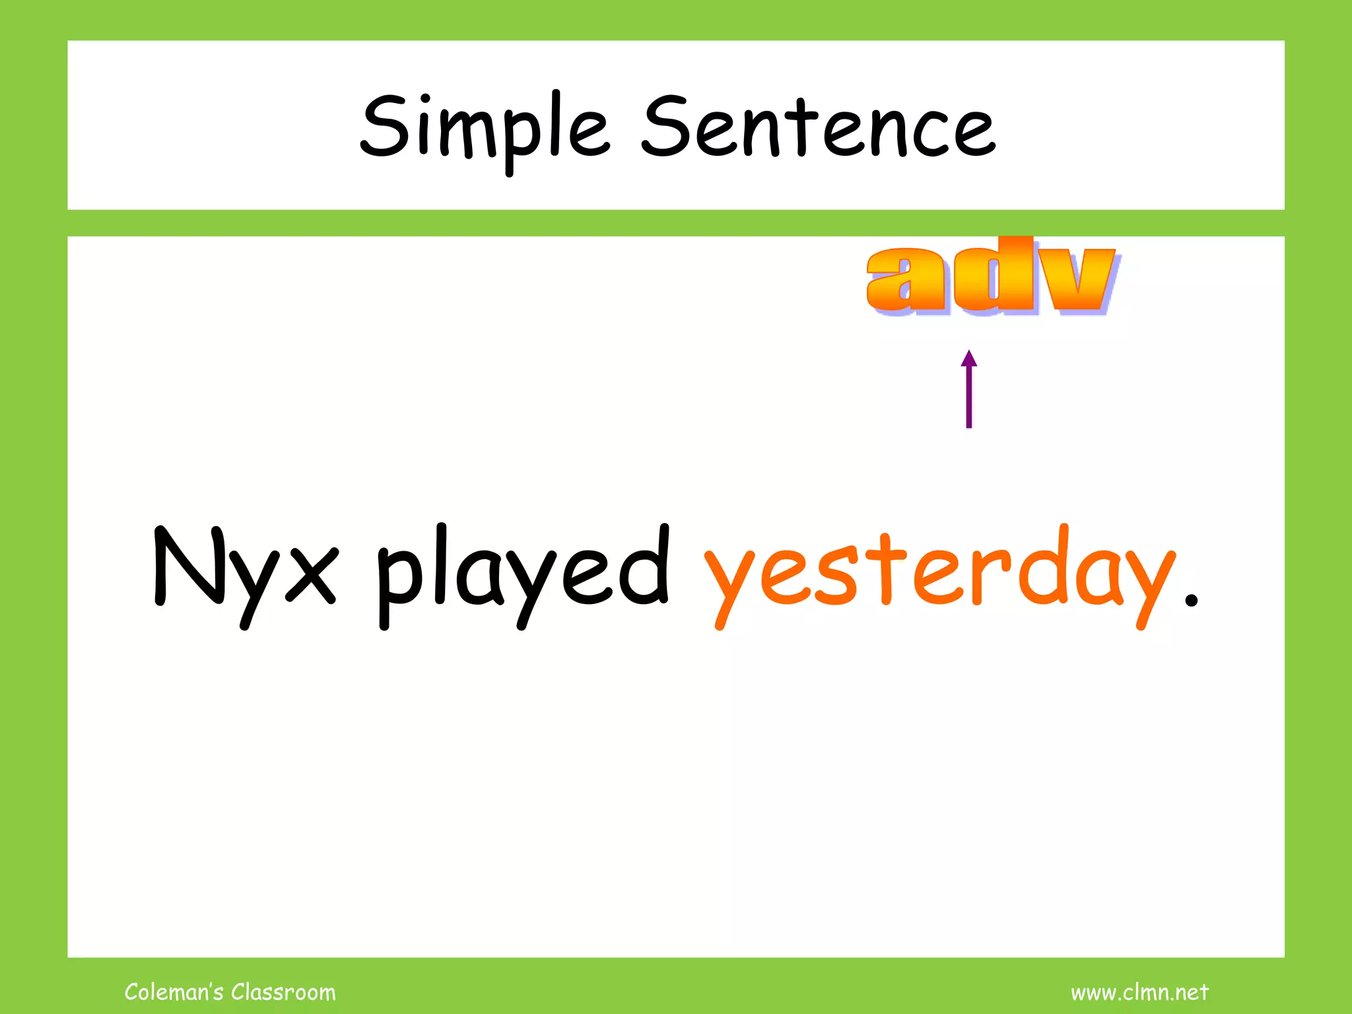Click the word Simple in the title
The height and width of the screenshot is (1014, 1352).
pyautogui.click(x=484, y=128)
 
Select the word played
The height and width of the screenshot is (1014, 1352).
pyautogui.click(x=524, y=571)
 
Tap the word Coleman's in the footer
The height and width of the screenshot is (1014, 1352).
pyautogui.click(x=174, y=992)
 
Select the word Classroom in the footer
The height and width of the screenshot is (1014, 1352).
pyautogui.click(x=283, y=992)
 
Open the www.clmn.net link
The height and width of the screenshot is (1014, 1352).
pyautogui.click(x=1139, y=992)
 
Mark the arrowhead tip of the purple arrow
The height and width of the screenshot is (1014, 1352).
pyautogui.click(x=968, y=352)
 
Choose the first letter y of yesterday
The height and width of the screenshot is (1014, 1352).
pyautogui.click(x=730, y=581)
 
